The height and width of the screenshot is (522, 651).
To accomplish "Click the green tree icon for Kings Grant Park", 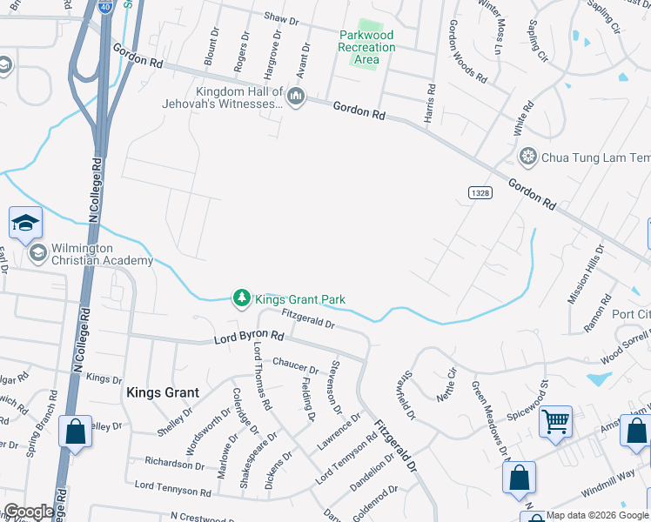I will tap(241, 299).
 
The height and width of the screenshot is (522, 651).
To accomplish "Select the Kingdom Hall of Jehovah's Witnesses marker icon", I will tap(296, 96).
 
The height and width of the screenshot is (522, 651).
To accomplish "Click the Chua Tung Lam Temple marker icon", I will tap(527, 157).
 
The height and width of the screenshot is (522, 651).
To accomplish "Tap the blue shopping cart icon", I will tap(554, 422).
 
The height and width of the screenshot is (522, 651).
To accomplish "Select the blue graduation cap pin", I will tap(26, 223).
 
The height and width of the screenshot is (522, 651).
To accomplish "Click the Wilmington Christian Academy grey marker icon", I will tap(37, 253).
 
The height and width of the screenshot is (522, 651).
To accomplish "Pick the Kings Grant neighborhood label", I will tap(163, 393).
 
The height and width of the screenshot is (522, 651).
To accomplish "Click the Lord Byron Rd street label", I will tap(250, 336).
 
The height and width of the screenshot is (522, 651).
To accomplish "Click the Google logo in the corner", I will tap(28, 512).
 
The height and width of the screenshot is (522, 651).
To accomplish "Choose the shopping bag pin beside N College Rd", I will tap(75, 432).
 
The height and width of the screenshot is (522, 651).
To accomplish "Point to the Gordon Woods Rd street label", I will tap(467, 51).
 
